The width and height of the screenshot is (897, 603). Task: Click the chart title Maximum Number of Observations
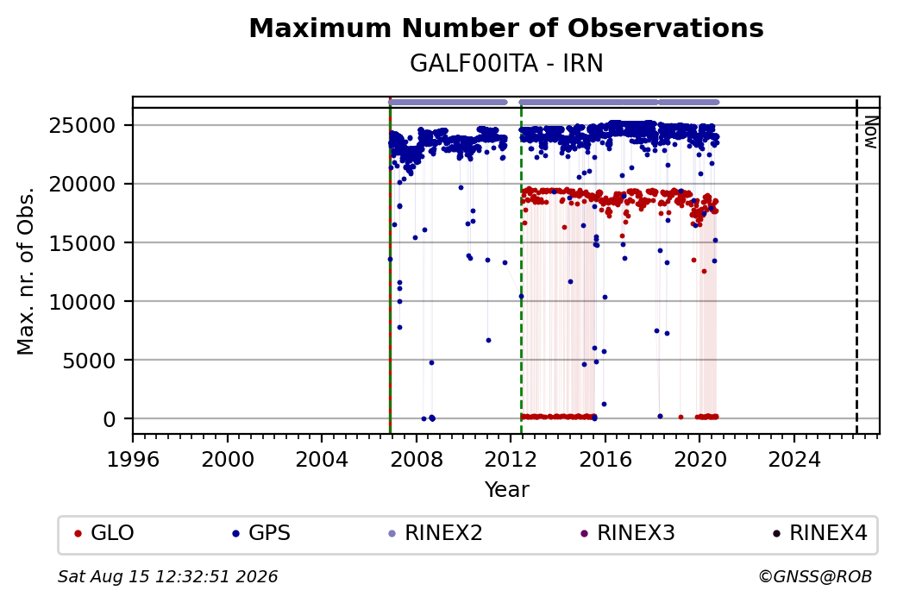click(506, 28)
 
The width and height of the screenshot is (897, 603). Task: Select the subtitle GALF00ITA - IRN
click(506, 64)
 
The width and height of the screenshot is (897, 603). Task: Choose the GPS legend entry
click(261, 533)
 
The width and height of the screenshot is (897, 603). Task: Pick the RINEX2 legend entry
click(436, 533)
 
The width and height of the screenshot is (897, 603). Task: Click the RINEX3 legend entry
click(628, 533)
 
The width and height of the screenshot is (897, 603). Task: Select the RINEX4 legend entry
click(820, 533)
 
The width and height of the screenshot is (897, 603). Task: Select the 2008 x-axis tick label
click(417, 459)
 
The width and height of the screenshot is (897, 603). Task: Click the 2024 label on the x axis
click(794, 459)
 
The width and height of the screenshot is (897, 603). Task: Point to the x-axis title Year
click(507, 490)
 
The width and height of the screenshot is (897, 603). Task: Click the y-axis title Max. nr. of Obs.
click(26, 271)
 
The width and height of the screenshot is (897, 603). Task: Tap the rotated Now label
click(870, 132)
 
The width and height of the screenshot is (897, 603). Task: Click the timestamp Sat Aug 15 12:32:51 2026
click(167, 576)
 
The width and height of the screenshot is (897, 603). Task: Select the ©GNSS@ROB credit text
click(815, 576)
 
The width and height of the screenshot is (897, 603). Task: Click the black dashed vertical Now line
click(856, 266)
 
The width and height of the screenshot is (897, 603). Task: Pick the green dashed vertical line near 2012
click(521, 266)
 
